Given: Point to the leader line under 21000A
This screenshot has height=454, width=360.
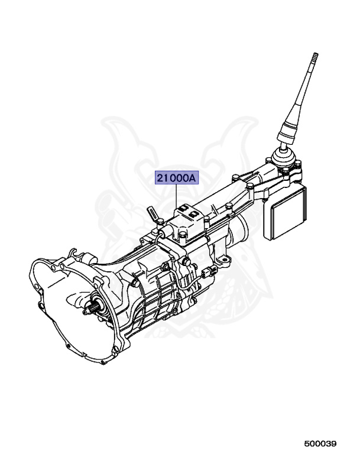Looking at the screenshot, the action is (177, 195).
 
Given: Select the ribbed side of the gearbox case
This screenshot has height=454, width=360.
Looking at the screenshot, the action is (157, 296).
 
